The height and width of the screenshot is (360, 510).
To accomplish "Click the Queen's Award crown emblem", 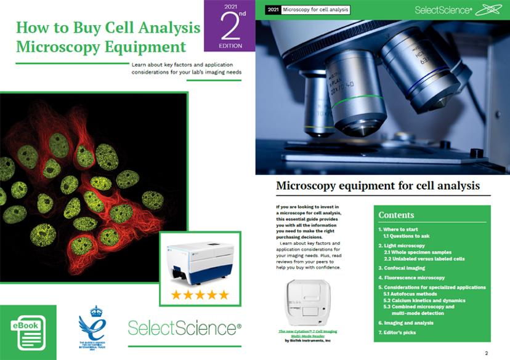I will (x=92, y=329).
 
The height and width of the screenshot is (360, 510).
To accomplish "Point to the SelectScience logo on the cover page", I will (x=184, y=327).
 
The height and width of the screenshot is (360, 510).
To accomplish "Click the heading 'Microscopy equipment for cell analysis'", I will (x=378, y=185).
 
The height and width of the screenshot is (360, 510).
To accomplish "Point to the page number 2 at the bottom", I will (x=487, y=353).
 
